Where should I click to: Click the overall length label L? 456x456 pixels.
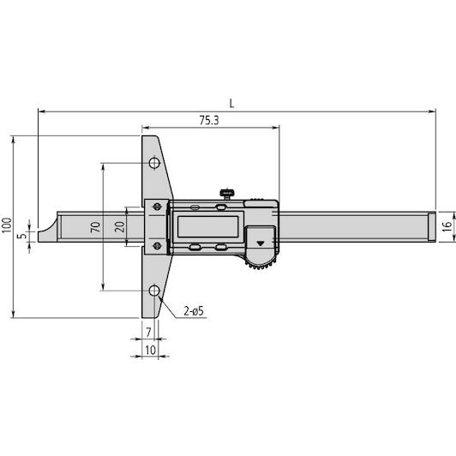point(231,104)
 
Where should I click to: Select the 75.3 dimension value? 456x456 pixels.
point(209,120)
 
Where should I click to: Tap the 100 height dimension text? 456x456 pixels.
point(7,225)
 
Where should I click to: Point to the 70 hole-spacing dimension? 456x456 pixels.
point(95,227)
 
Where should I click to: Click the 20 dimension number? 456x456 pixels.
point(119,227)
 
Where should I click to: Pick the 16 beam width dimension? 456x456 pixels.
point(447,226)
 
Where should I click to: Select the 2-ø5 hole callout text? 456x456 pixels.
point(194,311)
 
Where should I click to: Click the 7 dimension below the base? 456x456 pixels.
point(148,332)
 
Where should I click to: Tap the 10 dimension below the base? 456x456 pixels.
point(150,350)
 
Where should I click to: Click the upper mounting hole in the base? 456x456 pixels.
point(154,163)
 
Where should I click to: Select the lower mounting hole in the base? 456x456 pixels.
point(154,291)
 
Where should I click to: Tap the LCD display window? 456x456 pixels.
point(207,227)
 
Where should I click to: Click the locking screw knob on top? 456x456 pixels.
point(227,194)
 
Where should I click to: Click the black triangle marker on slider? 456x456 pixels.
point(261,243)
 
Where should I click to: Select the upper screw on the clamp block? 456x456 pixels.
point(158,207)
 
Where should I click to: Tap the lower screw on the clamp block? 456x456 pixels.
point(158,246)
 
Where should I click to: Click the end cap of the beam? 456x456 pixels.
point(432,227)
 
